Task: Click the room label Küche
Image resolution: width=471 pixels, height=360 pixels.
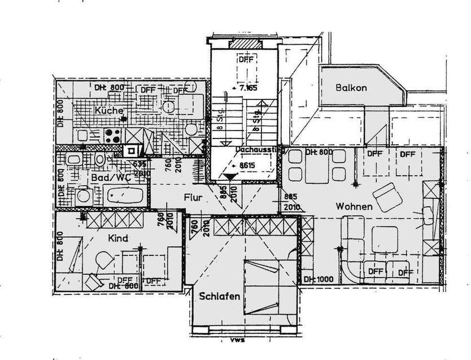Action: (108, 111)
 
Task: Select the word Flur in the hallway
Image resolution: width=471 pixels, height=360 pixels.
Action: (193, 198)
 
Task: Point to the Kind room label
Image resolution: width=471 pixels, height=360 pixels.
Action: (119, 238)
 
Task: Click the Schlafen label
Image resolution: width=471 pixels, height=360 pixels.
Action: (219, 296)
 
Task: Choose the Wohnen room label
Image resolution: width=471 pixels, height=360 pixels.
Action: (354, 207)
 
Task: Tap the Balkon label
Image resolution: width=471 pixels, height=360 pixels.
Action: (351, 88)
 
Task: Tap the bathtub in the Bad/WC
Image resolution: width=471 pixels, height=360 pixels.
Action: (125, 197)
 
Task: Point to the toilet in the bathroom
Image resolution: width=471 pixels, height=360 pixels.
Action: (99, 159)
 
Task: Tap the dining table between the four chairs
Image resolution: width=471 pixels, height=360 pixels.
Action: (316, 166)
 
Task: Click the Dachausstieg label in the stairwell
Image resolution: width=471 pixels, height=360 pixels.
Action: (258, 150)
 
